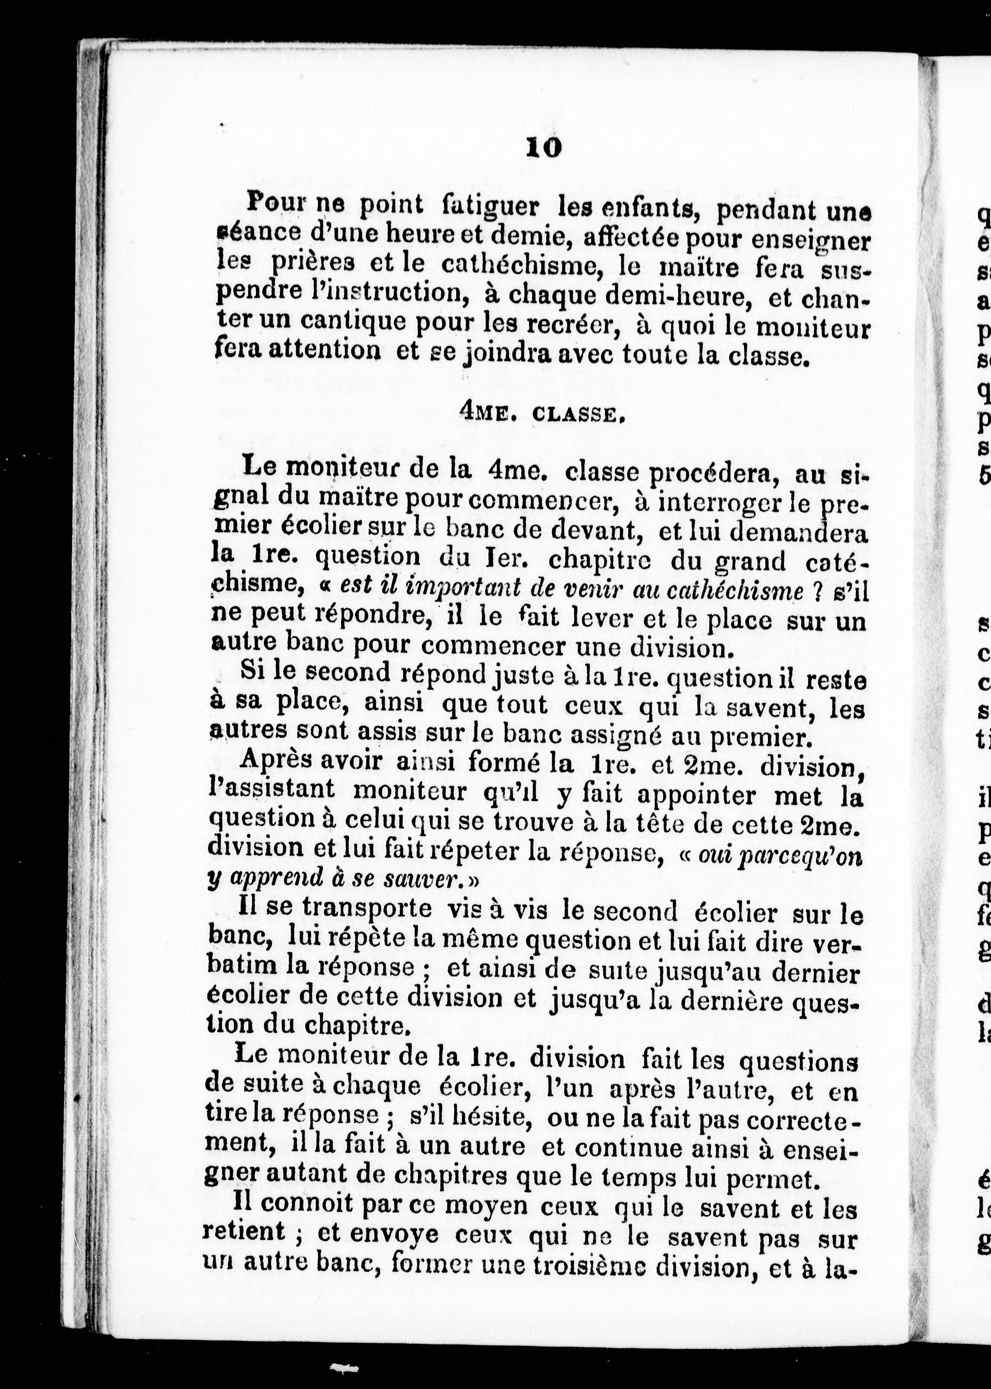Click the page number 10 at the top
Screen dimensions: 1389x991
543,147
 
